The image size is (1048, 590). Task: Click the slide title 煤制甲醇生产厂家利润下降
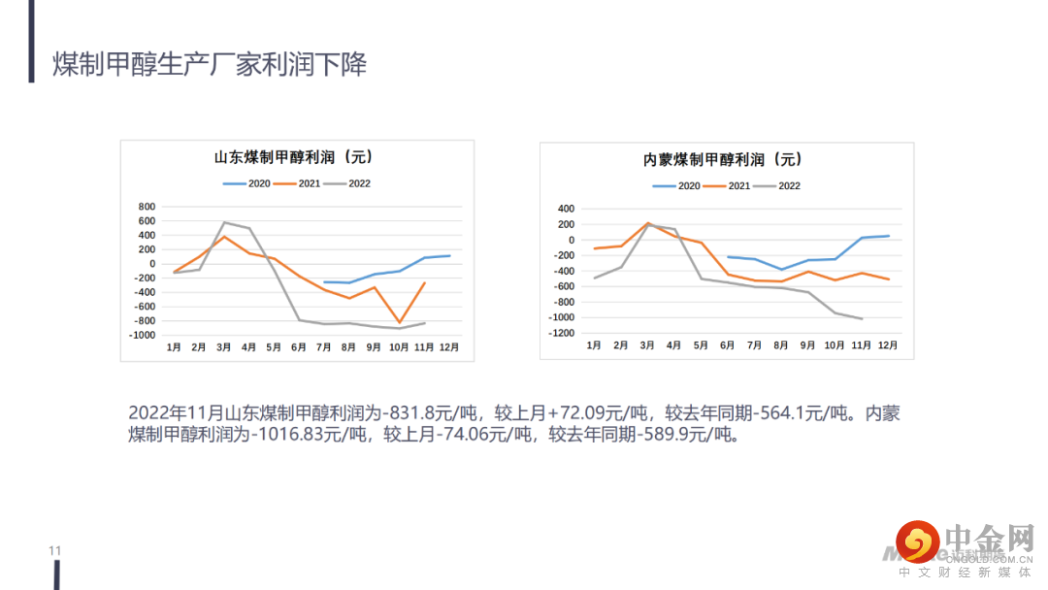coord(210,65)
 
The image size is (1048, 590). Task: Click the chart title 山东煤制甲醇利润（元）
coord(293,157)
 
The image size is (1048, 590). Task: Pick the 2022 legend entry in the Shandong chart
coord(348,183)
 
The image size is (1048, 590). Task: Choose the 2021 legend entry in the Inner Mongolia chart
coord(729,185)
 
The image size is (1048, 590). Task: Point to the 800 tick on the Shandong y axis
coord(147,207)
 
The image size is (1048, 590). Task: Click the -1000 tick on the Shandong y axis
coord(142,335)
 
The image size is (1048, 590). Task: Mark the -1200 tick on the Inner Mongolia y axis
coord(561,333)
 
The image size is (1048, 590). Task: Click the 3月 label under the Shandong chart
coord(224,346)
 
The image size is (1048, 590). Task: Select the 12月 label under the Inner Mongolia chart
coord(887,344)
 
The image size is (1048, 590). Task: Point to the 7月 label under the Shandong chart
coord(324,346)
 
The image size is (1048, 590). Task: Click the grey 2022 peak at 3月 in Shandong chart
coord(224,222)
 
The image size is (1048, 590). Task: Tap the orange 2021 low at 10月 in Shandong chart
coord(399,322)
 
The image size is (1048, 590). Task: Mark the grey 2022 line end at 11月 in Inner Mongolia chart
coord(862,318)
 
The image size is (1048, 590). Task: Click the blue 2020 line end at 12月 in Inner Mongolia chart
coord(888,236)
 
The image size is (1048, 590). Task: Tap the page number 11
coord(54,551)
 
